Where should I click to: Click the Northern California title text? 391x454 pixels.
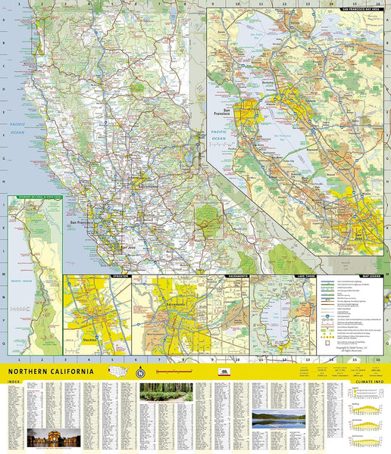(52, 372)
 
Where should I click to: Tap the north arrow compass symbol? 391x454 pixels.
(139, 372)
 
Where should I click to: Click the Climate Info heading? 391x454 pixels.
(368, 383)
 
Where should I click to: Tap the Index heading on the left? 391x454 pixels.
(14, 383)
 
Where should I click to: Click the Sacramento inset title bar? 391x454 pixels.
(237, 276)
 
